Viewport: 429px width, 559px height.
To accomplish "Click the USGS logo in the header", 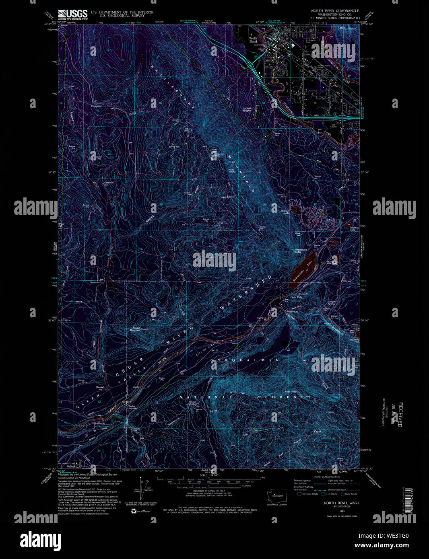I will (72, 14).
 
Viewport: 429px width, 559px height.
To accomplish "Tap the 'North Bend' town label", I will (253, 40).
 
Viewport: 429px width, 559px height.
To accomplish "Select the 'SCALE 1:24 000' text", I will (208, 475).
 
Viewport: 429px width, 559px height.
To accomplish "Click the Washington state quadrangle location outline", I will (277, 494).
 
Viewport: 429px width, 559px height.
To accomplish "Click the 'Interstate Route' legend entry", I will (308, 494).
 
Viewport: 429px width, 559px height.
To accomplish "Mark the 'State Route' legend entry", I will (350, 494).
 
